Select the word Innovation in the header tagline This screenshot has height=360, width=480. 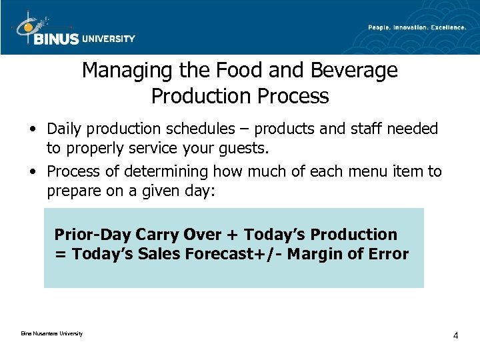(x=415, y=27)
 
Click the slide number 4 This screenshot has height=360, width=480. (x=455, y=335)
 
